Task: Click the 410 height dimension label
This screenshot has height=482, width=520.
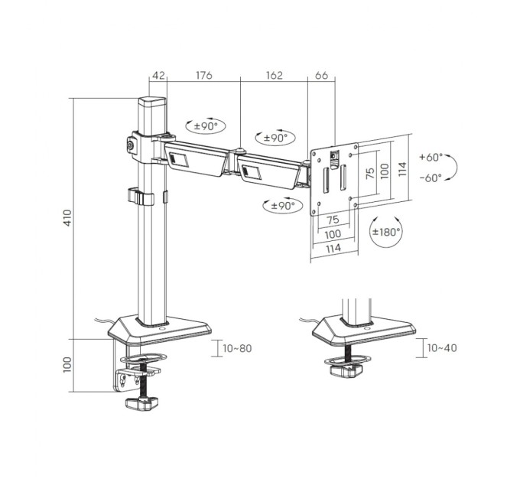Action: point(67,217)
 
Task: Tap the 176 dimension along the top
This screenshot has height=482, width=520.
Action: point(203,75)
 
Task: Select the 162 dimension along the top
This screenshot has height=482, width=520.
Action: point(275,75)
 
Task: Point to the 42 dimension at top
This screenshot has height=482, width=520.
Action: point(158,75)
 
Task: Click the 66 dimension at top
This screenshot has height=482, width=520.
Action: point(321,75)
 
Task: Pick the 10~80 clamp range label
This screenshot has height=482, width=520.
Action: point(238,348)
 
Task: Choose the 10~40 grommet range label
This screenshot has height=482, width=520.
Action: point(442,348)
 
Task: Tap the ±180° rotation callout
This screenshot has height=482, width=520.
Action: point(386,232)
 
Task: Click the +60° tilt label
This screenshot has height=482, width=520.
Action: point(431,157)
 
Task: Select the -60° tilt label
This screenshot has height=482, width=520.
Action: point(431,177)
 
